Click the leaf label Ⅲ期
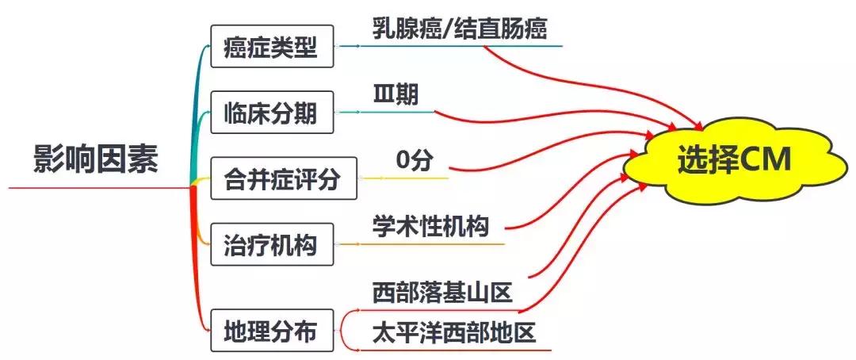click(x=396, y=95)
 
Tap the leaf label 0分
click(x=415, y=161)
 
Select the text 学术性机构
click(x=430, y=226)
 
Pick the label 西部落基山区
click(x=442, y=293)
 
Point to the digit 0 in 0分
click(x=403, y=161)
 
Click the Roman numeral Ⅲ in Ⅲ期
click(x=384, y=95)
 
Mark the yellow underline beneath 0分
click(x=412, y=178)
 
